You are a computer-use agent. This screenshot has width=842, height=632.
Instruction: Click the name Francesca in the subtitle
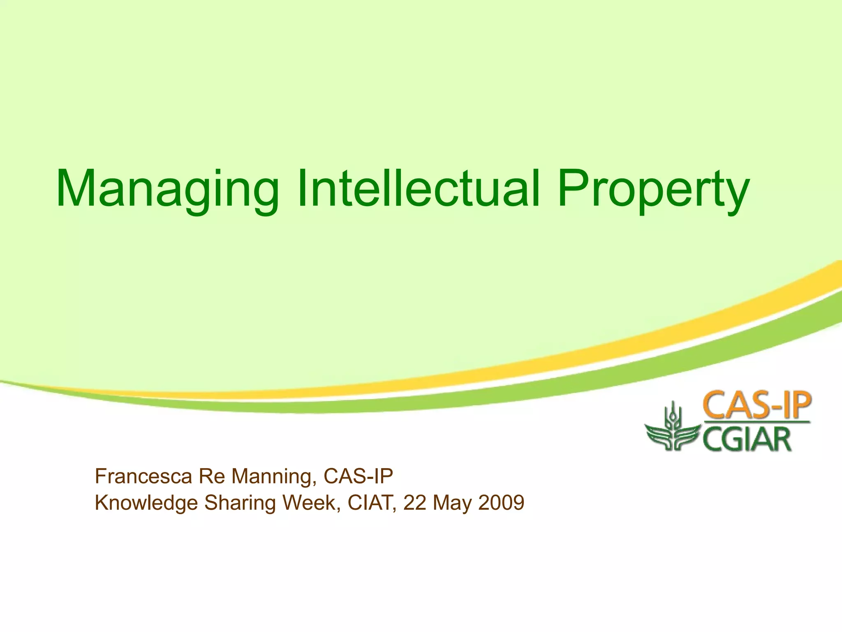pyautogui.click(x=143, y=476)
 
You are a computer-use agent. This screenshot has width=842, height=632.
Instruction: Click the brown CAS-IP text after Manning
pyautogui.click(x=358, y=476)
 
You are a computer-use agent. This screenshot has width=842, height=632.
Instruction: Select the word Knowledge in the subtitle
pyautogui.click(x=146, y=503)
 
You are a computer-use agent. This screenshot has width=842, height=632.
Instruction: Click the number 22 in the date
pyautogui.click(x=415, y=502)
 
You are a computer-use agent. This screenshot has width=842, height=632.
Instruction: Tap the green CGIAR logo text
pyautogui.click(x=747, y=439)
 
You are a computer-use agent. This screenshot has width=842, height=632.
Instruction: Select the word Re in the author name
pyautogui.click(x=211, y=476)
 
